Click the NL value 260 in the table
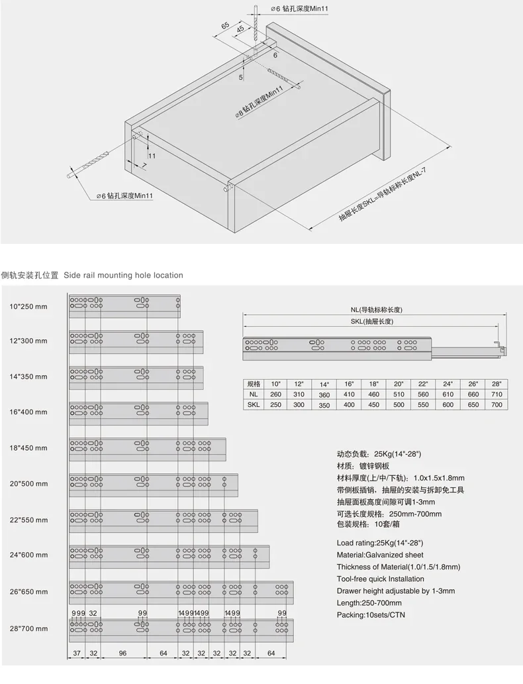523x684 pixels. coord(276,394)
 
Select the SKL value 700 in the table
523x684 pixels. coord(496,404)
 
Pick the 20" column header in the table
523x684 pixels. coord(398,384)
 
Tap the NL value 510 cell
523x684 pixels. coord(398,394)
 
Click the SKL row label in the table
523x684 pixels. coord(253,404)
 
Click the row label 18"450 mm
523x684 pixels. coord(28,447)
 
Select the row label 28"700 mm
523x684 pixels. coord(28,628)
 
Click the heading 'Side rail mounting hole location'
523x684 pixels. coord(123,275)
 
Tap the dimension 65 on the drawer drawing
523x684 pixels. coord(225,25)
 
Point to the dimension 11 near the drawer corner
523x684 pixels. coord(152,156)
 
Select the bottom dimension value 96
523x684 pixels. coord(122,653)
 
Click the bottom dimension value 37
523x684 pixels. coord(77,653)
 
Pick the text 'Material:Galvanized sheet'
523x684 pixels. coord(380,555)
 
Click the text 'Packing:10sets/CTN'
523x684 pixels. coord(370,614)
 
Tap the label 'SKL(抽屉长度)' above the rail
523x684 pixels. coord(371,321)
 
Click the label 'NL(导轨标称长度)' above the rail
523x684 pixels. coord(377,310)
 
